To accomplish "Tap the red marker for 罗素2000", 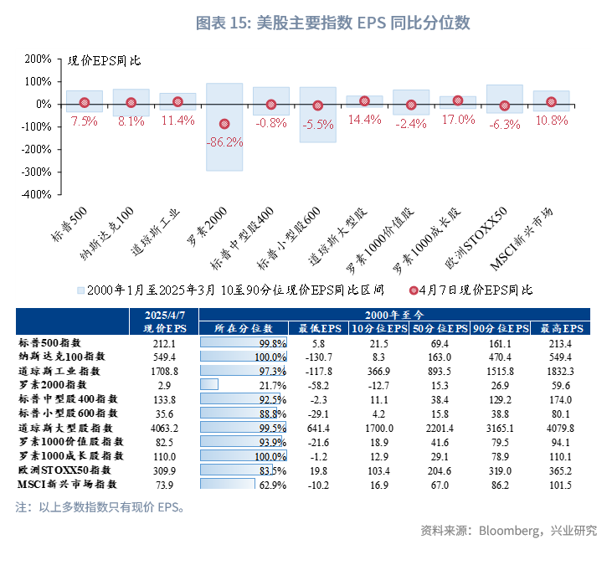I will tap(224, 124).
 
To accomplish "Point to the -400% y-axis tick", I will tap(36, 193).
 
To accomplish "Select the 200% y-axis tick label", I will tap(38, 59).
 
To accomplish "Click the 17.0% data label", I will tap(458, 120).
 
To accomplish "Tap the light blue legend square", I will tap(80, 290).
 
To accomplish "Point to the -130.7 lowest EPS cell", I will tap(315, 357).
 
